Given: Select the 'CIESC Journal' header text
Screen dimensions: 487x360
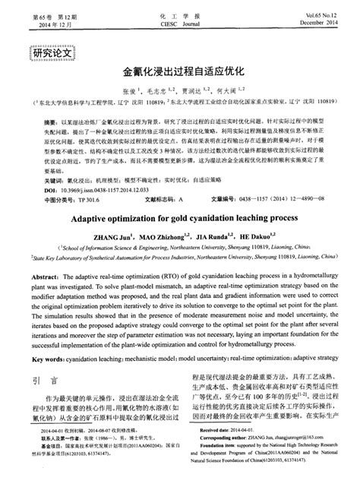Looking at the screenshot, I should (178, 23).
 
